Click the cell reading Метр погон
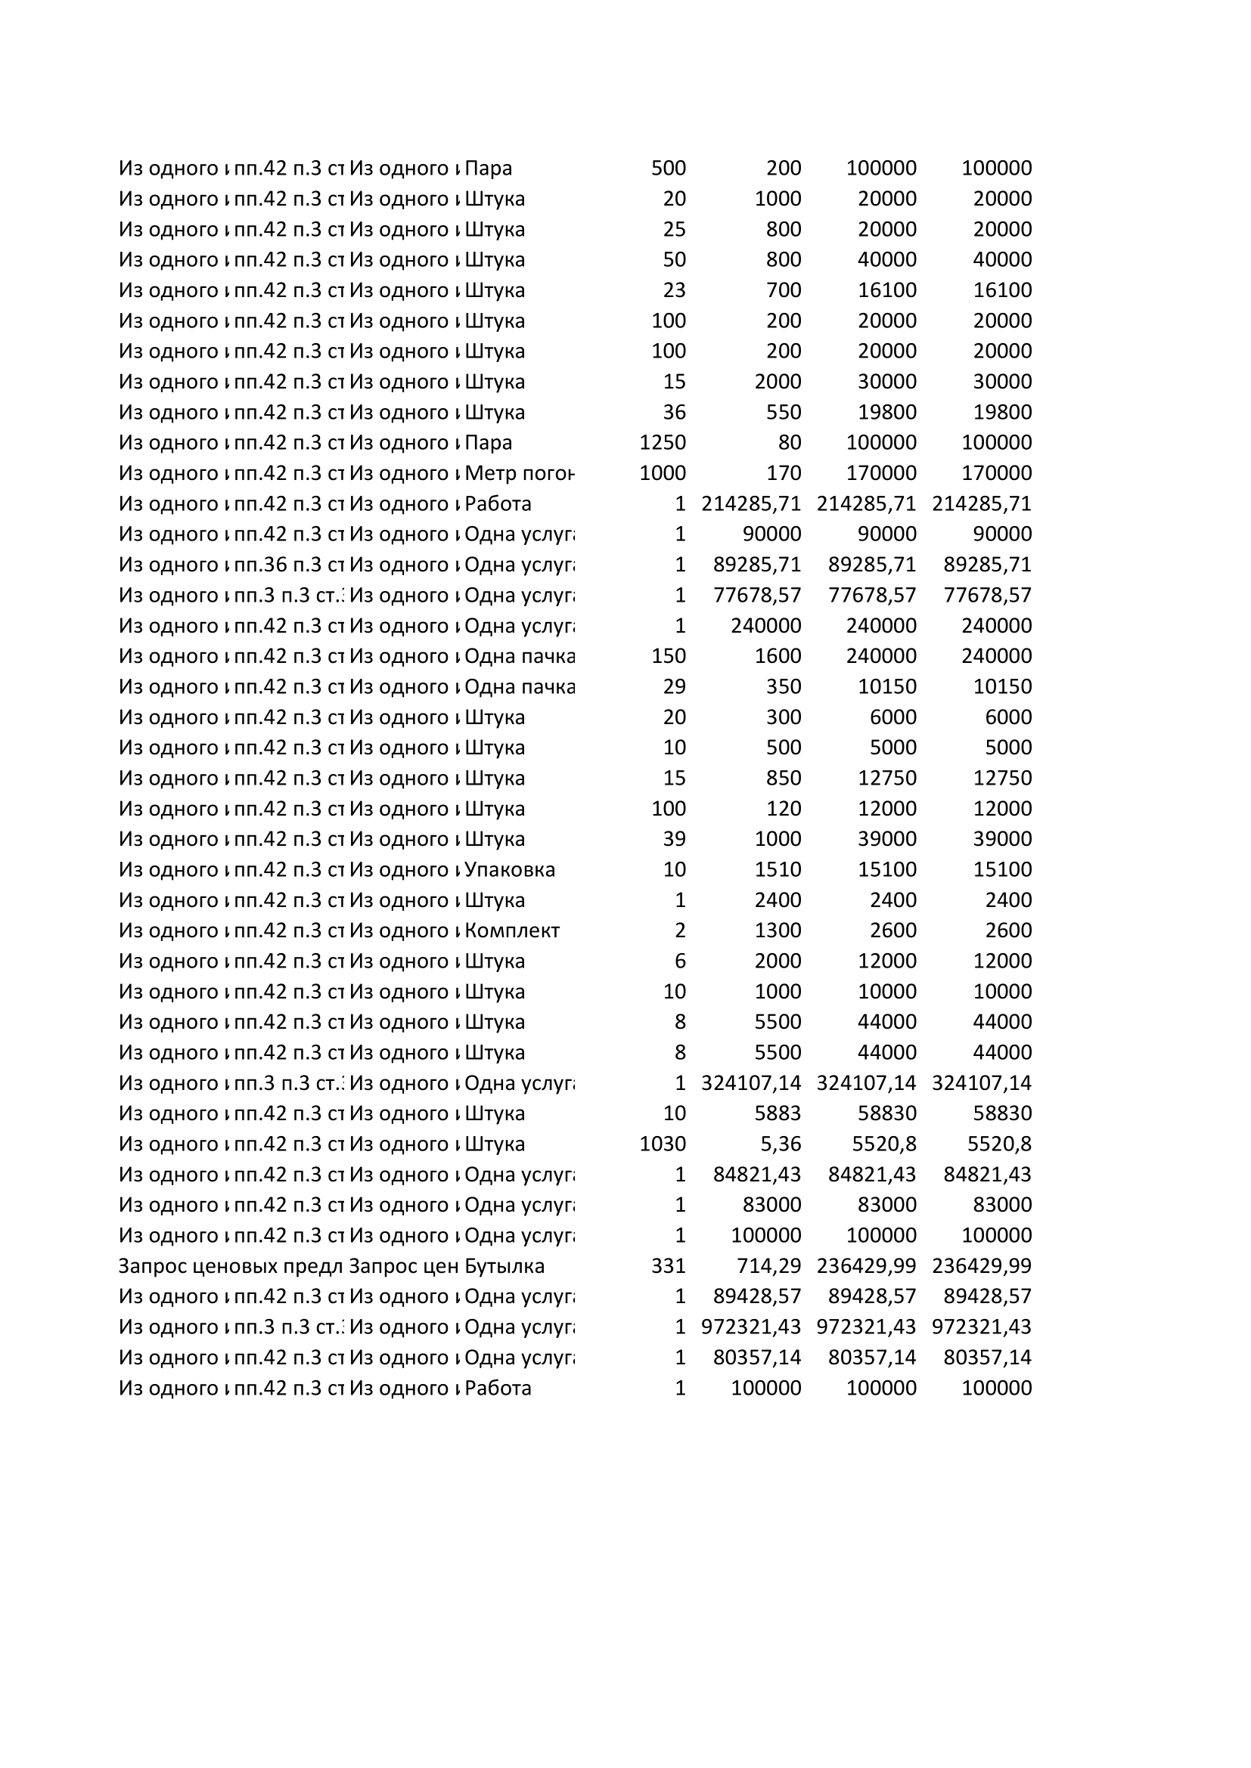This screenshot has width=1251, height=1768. coord(519,472)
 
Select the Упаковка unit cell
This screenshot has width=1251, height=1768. coord(509,869)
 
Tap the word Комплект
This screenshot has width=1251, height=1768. coord(511,930)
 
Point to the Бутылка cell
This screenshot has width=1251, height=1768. coord(504,1266)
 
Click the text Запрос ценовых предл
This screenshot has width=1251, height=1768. coord(230,1266)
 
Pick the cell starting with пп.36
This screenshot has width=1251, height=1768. coord(288,565)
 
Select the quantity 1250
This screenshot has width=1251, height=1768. coord(663,443)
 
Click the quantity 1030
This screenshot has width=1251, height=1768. coord(663,1144)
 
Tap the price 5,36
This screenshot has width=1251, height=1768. coord(781,1144)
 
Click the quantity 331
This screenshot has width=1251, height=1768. coord(668,1266)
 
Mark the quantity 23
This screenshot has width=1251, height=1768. coord(674,290)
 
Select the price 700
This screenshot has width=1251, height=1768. coord(784,290)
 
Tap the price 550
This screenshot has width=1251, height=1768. coord(784,412)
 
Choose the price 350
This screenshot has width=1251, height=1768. coord(784,686)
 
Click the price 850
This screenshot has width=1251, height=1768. coord(784,778)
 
